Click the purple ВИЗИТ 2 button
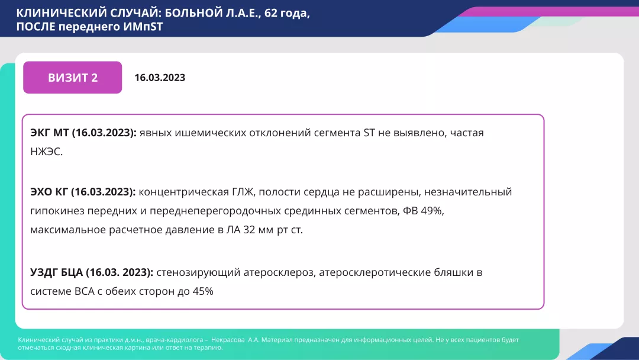click(x=72, y=78)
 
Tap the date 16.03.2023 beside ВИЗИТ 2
click(x=160, y=78)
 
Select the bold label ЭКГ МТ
click(x=50, y=133)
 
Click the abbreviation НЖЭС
click(x=46, y=152)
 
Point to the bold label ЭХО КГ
click(x=49, y=192)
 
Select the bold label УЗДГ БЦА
click(x=57, y=272)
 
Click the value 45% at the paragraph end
click(x=202, y=291)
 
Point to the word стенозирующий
click(x=193, y=272)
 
